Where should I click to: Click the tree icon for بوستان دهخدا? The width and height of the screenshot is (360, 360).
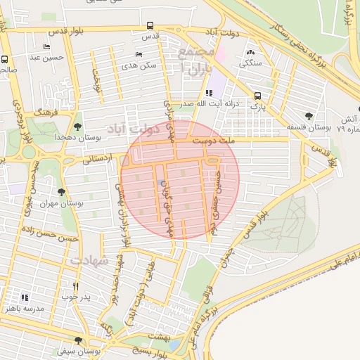[x=77, y=127]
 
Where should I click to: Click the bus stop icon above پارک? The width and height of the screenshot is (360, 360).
[x=257, y=96]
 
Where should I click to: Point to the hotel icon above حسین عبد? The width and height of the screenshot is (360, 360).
[x=46, y=47]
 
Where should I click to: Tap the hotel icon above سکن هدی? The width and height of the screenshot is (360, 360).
[x=139, y=54]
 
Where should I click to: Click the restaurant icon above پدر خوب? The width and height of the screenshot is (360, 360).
[x=76, y=287]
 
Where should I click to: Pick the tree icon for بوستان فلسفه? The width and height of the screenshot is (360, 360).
[x=308, y=116]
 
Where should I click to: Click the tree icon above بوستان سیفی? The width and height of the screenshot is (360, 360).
[x=78, y=340]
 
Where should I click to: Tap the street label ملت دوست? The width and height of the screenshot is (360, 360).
[x=254, y=141]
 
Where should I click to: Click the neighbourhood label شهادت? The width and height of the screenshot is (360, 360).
[x=90, y=260]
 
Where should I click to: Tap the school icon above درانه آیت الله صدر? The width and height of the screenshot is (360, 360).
[x=209, y=94]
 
